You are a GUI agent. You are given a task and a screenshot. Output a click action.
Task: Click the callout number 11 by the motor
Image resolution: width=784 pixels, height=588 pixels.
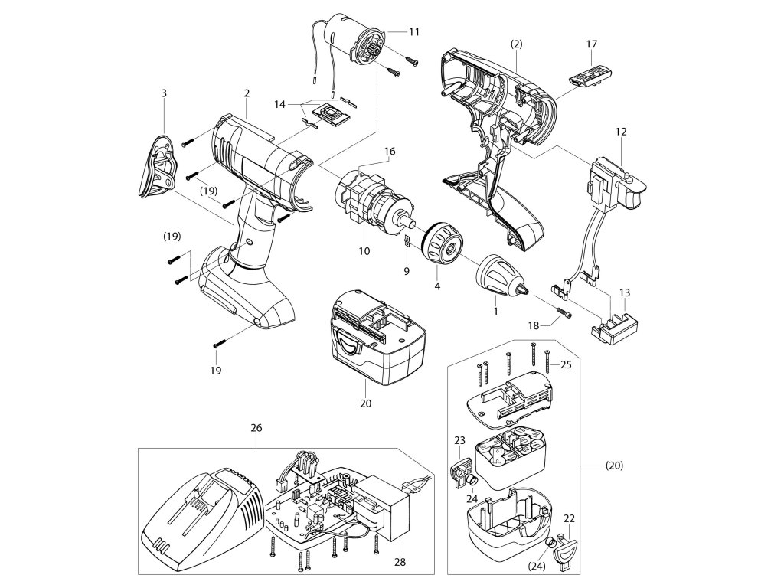pos(414,32)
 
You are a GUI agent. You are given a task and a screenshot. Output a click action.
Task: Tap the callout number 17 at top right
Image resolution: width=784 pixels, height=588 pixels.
pos(591,44)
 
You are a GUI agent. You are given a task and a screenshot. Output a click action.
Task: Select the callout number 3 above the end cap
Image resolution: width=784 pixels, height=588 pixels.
pos(163,93)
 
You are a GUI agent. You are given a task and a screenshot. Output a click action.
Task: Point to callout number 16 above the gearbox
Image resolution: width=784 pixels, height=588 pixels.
pos(390,152)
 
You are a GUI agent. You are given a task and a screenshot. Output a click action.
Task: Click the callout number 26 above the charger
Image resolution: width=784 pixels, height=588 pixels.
pos(255,430)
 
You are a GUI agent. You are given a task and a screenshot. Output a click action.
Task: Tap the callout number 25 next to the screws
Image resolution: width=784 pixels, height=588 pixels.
pos(566,364)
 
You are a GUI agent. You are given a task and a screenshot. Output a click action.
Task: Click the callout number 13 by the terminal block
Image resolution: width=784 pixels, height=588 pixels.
pos(625,292)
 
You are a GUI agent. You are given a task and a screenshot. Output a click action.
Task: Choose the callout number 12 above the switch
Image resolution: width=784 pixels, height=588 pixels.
pos(621,132)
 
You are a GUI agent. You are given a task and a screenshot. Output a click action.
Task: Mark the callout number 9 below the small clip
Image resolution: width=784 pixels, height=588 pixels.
pos(407,270)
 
